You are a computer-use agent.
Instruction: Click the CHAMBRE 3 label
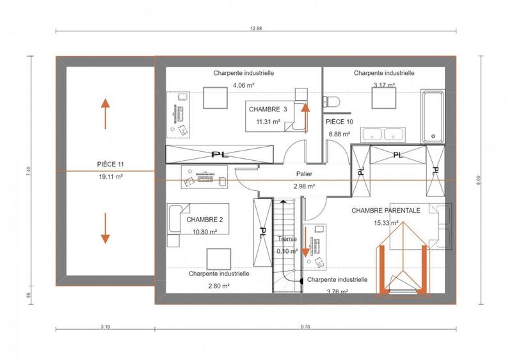[268, 110]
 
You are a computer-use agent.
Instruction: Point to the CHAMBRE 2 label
[204, 219]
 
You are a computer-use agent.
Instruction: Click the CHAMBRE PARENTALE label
[385, 210]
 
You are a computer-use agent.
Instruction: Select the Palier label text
[305, 174]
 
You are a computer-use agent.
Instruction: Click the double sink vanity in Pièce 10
[382, 134]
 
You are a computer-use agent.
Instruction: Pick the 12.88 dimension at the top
[256, 28]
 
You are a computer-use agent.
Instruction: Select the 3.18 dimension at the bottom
[105, 327]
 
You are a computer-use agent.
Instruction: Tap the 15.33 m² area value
[387, 223]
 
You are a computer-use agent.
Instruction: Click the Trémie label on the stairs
[286, 239]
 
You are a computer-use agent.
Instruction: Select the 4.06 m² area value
[243, 85]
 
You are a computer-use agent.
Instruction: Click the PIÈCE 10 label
[339, 122]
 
